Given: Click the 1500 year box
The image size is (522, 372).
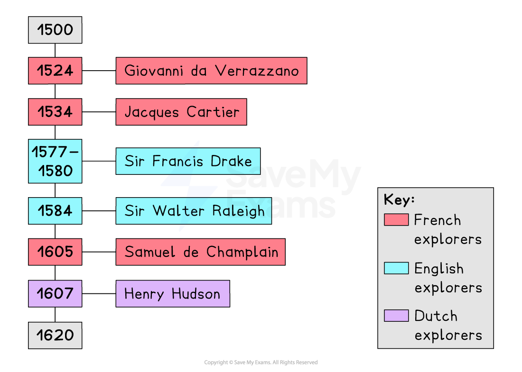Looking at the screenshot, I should [x=55, y=30].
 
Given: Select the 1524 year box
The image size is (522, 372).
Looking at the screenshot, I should [x=55, y=71].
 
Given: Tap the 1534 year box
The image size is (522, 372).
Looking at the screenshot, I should [x=55, y=112].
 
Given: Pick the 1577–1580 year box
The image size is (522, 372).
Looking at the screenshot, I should [x=55, y=161].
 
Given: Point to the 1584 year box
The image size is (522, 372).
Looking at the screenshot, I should [x=55, y=210].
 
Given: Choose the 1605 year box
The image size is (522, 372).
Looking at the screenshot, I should [x=55, y=252].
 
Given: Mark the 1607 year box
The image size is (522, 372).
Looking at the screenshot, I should [x=55, y=293].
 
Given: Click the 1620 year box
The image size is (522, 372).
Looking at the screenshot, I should [x=55, y=335].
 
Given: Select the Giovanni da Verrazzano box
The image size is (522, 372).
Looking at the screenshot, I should [x=211, y=71].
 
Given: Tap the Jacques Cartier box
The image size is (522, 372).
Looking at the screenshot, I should [x=181, y=112].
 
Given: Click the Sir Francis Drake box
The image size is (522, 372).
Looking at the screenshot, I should [x=188, y=161].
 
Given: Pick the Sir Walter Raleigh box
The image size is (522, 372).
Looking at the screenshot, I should [x=194, y=210].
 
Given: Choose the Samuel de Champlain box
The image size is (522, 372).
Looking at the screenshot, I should [x=200, y=252].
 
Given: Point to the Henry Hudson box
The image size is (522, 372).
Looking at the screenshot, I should [x=173, y=293].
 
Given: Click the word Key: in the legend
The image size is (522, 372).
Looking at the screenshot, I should [x=399, y=200].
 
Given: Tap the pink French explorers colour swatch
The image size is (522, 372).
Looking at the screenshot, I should [x=396, y=220].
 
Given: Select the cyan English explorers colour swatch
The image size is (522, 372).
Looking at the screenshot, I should [x=396, y=268].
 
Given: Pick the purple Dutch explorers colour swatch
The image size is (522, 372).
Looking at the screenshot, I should [x=396, y=316].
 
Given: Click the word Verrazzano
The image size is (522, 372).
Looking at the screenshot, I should [x=257, y=71].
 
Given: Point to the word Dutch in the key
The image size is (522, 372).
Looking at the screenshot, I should [x=436, y=316].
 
